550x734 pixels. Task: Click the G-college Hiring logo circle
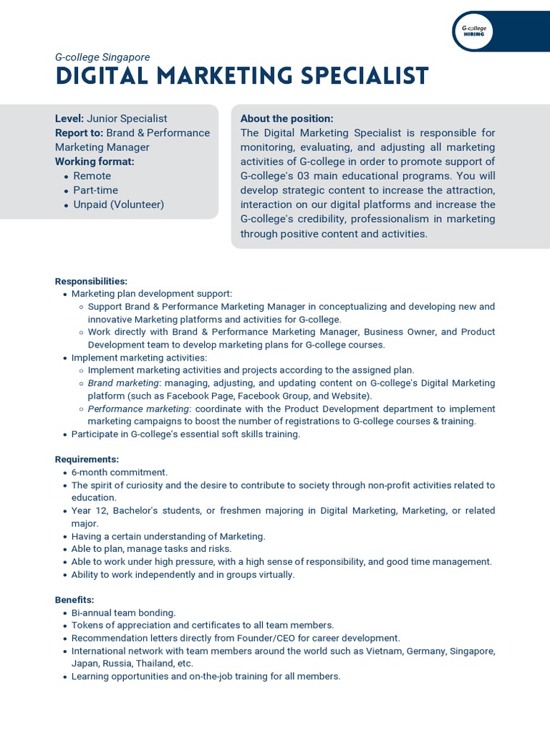[x=473, y=31]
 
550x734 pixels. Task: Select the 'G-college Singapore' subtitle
[x=102, y=57]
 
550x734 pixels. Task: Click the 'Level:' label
[x=69, y=118]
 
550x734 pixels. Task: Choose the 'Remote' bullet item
[x=92, y=176]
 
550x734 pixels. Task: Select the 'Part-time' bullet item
[x=95, y=190]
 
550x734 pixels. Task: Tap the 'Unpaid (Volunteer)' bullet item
[x=118, y=204]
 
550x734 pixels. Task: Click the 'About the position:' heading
[x=286, y=118]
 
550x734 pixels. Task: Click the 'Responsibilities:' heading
[x=91, y=281]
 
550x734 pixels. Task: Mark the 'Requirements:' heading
[x=87, y=459]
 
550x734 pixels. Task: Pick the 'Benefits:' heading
[x=74, y=599]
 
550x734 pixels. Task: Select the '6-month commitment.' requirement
[x=119, y=472]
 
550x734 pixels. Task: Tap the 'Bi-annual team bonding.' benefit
[x=123, y=613]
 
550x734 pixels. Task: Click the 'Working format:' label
[x=95, y=161]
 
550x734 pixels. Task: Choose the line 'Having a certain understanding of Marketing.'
[x=168, y=536]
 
